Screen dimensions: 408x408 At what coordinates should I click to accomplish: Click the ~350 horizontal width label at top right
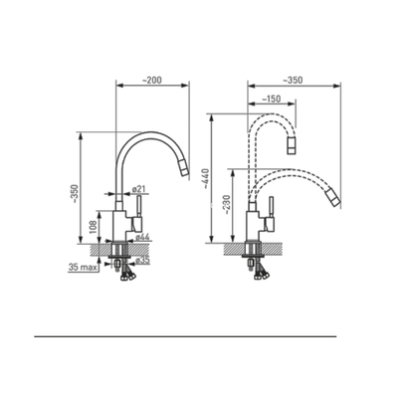[294, 79]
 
